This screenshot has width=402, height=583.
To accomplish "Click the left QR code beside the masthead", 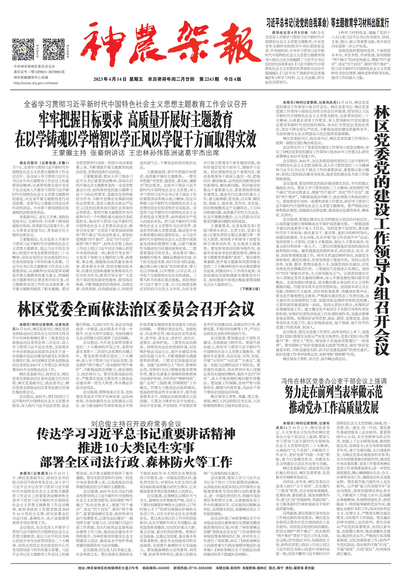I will coord(23,49).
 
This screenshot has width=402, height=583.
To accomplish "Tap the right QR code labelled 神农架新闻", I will coord(53,49).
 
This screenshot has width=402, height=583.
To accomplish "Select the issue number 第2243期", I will coord(209,79).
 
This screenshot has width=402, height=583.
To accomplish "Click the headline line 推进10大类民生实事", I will coord(136,448).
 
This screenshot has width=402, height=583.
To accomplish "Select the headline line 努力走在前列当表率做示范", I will coord(333,392).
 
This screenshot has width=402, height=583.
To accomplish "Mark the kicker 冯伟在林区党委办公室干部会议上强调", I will coord(333,381).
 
